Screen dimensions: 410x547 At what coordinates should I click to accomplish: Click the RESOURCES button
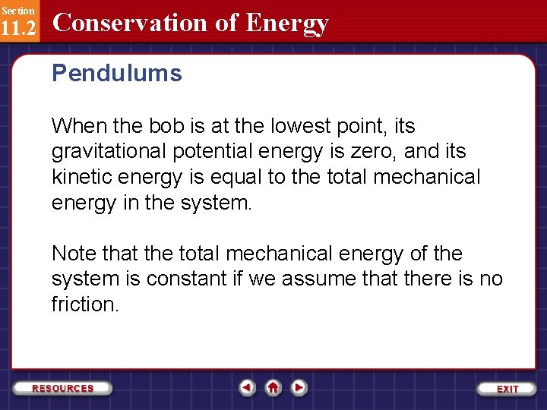63,388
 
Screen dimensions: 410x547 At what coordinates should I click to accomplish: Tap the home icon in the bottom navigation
273,388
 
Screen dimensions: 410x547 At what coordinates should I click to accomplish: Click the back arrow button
247,388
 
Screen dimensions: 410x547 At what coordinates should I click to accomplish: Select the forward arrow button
299,388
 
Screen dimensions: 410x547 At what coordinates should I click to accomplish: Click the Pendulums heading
116,74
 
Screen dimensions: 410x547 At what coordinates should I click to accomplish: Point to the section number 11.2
17,28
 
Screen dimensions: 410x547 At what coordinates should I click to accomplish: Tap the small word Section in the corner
17,10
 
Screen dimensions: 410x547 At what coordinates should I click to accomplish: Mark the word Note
74,254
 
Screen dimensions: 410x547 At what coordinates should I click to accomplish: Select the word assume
317,279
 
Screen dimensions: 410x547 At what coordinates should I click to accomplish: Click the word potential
209,151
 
